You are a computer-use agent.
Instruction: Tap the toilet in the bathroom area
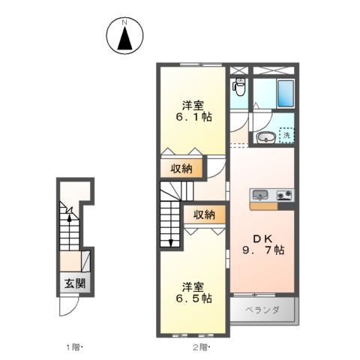[x=239, y=88]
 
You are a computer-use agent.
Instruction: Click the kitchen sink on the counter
[x=259, y=195]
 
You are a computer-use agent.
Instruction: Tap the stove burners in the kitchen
[x=285, y=196]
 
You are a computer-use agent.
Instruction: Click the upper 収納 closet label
[x=180, y=169]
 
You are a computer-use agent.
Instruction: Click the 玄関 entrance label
[x=74, y=284]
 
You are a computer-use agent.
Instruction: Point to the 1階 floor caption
[x=73, y=347]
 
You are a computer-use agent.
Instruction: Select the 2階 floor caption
[x=200, y=347]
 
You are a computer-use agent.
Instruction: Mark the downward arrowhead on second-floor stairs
[x=171, y=242]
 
